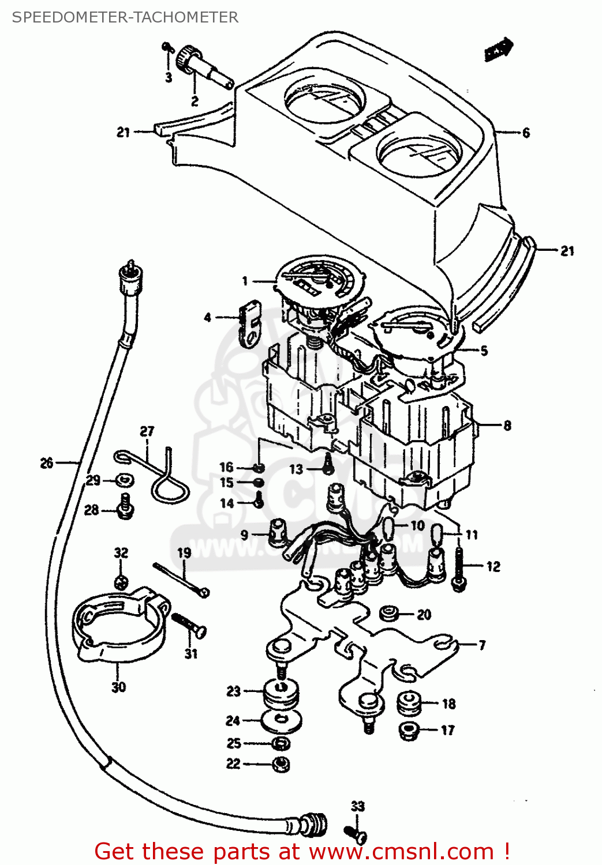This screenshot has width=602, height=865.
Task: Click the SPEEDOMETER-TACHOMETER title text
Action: coord(125,17)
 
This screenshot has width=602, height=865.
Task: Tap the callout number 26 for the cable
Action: coord(47,462)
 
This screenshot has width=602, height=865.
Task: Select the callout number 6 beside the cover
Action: coord(526,133)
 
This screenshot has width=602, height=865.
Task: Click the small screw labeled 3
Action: coord(166,47)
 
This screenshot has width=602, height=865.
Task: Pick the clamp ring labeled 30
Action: coord(118,626)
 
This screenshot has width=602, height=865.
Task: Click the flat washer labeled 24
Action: coord(281,720)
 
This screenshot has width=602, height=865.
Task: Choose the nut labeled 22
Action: coord(281,765)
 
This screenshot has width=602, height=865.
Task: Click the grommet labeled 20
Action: coord(390,614)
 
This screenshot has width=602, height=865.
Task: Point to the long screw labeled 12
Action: coord(459,568)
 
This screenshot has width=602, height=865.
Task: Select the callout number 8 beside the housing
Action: coord(507,426)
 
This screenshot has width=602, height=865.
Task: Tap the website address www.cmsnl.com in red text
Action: coord(401,852)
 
